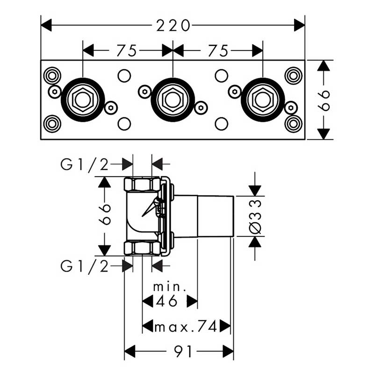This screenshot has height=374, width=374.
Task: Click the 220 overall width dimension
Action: click(x=173, y=25)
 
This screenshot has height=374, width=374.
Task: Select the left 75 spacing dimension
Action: click(x=127, y=50)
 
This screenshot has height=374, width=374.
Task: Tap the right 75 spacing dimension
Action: click(x=218, y=50)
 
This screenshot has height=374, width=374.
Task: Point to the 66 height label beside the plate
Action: click(x=324, y=100)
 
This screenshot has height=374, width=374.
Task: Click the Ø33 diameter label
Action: click(x=255, y=216)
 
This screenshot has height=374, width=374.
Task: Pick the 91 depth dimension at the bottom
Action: click(x=183, y=352)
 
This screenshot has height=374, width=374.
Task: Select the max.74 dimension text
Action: click(x=186, y=326)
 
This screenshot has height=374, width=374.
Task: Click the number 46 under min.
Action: click(x=167, y=301)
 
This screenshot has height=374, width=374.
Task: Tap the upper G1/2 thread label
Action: click(x=85, y=165)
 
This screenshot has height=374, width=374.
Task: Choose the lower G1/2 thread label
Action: click(x=85, y=266)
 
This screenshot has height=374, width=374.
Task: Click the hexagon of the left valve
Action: click(x=83, y=100)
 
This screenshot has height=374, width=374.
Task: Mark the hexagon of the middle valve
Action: click(x=173, y=100)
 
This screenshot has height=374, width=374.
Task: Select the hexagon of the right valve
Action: click(x=263, y=100)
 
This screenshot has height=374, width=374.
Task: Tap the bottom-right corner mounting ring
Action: click(x=294, y=124)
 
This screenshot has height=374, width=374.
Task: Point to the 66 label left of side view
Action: click(x=105, y=214)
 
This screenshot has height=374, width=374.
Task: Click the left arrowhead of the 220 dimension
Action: click(x=46, y=25)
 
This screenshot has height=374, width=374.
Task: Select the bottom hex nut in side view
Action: click(x=142, y=248)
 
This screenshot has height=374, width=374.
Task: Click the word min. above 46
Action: click(x=170, y=287)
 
